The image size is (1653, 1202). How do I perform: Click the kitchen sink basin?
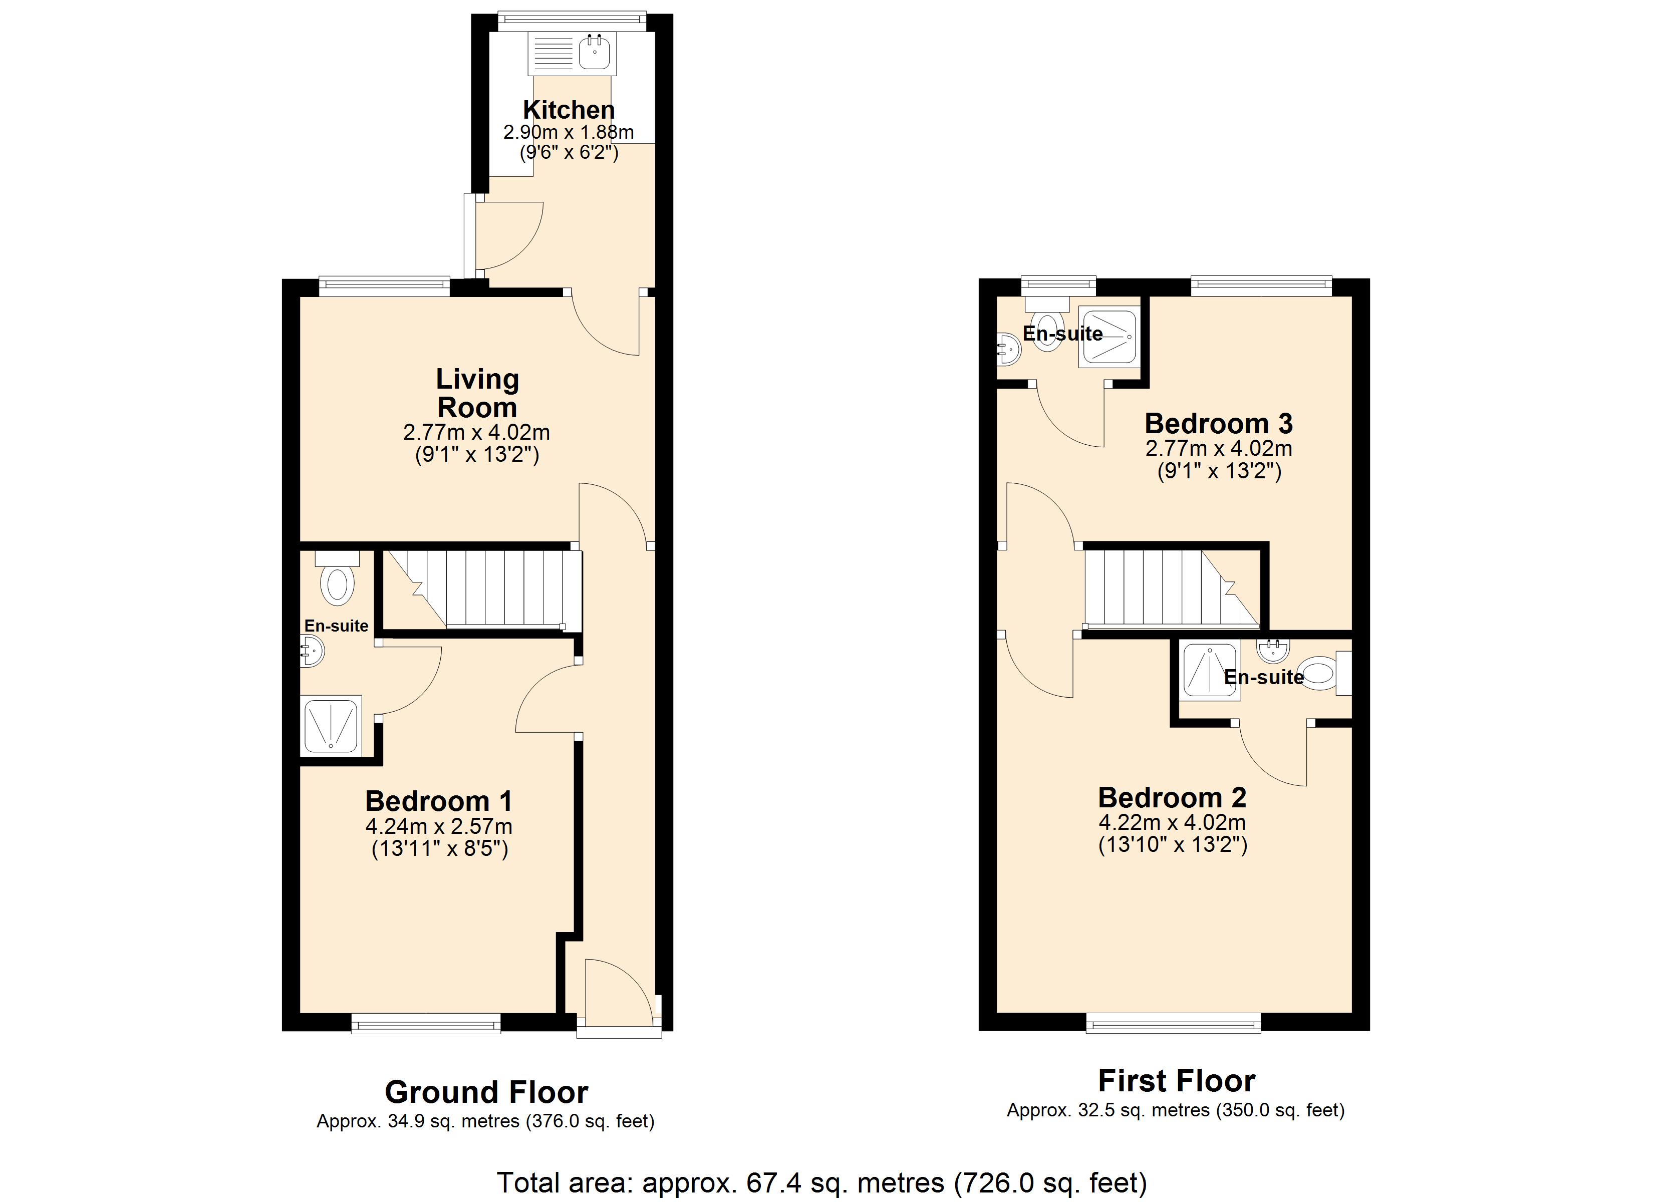[x=594, y=53]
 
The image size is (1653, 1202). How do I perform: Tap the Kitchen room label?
[x=569, y=110]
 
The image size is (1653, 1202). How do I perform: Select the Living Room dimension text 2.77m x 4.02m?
[x=477, y=432]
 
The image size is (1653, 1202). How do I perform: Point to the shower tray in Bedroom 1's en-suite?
[x=332, y=725]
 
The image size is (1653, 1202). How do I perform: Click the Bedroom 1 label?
[x=439, y=801]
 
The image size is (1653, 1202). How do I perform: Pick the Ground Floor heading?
[x=486, y=1092]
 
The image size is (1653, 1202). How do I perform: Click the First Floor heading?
[x=1176, y=1081]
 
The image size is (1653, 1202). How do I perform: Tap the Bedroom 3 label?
[x=1219, y=424]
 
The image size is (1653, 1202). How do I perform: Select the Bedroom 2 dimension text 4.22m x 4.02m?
[x=1172, y=823]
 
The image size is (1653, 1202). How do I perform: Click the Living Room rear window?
[x=384, y=286]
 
